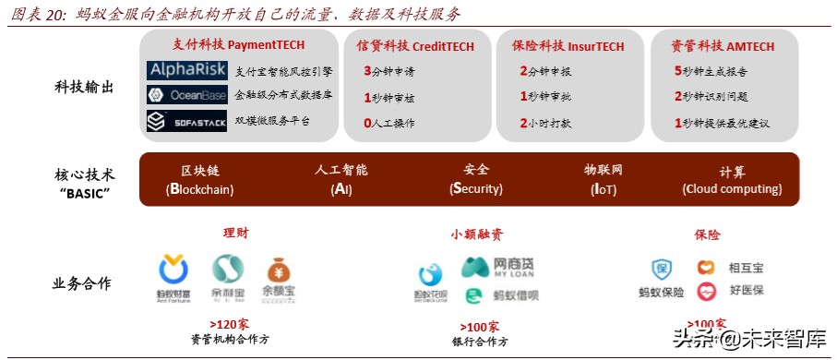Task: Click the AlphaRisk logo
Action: (186, 70)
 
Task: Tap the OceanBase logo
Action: (186, 95)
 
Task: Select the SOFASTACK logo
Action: (186, 121)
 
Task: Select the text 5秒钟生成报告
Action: (711, 70)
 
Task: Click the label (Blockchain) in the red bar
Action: (200, 189)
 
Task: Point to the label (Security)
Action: (476, 189)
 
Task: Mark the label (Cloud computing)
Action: (732, 189)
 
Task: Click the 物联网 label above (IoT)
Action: (604, 171)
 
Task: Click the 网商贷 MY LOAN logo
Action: (499, 269)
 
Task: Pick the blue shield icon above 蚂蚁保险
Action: (661, 269)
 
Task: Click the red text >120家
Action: (229, 324)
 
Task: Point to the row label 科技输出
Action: (83, 88)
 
